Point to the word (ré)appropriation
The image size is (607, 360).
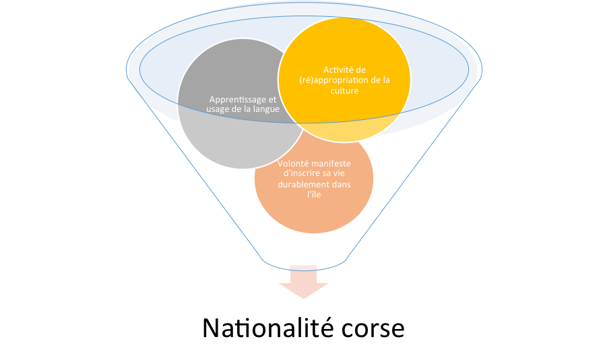331,80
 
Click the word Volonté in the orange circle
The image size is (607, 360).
294,163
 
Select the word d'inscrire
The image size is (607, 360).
301,173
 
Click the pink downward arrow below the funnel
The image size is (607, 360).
304,282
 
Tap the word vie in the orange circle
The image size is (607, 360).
345,173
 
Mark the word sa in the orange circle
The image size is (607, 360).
330,173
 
